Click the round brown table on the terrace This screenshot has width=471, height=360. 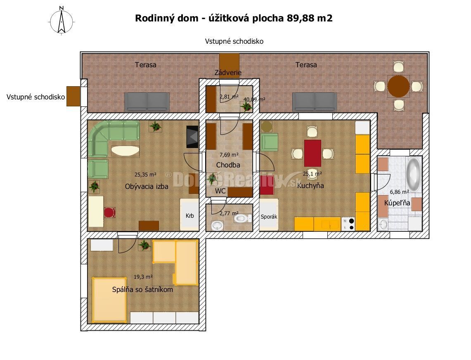[398, 86]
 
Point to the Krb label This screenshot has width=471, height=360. [190, 216]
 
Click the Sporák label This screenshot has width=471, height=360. [269, 216]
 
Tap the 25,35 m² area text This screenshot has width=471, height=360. [145, 174]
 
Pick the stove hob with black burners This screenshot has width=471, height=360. [348, 224]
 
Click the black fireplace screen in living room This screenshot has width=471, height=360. [192, 136]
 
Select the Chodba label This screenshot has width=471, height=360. [228, 165]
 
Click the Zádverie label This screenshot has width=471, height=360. [228, 73]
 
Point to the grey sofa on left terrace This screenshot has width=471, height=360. [147, 102]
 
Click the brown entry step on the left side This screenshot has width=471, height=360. [73, 96]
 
